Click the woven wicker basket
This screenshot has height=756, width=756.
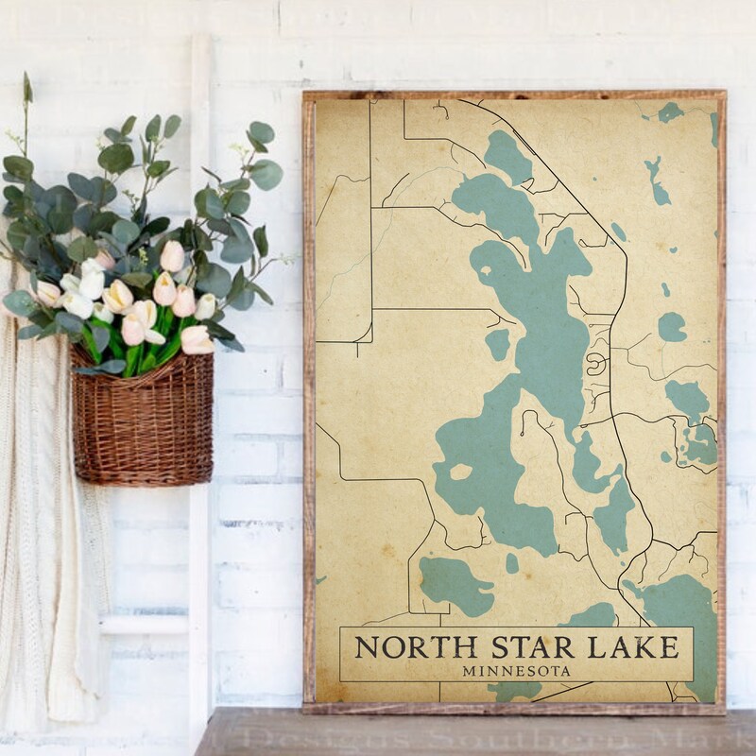142,425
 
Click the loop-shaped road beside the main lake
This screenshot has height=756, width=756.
597,364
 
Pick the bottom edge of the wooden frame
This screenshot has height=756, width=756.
515,707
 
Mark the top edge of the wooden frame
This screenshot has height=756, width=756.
515,94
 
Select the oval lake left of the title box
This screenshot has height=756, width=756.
455,584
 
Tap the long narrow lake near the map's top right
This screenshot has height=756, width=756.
656,180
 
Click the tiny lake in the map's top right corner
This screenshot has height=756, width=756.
671,112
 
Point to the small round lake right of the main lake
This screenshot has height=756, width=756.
672,327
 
